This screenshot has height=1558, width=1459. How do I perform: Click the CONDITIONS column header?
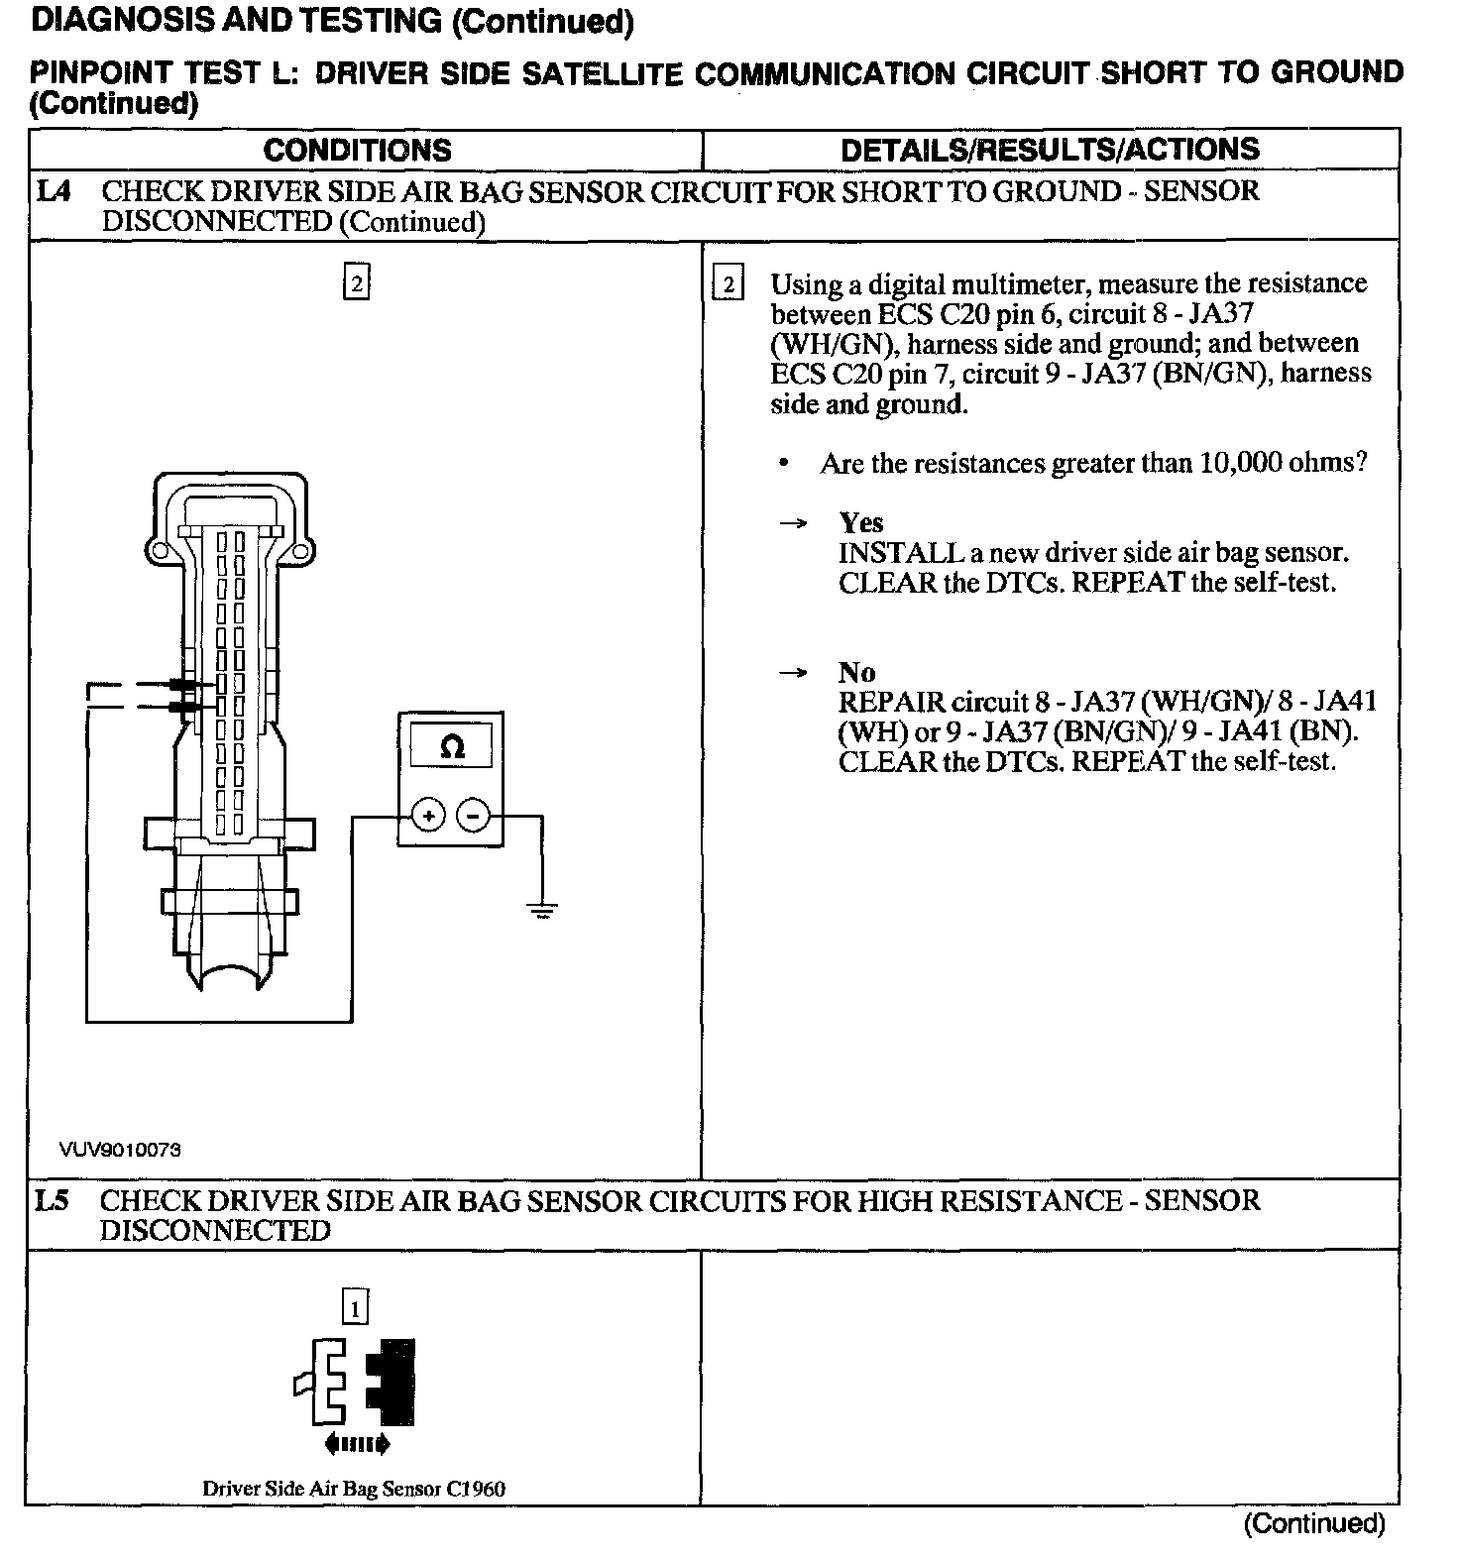tap(357, 150)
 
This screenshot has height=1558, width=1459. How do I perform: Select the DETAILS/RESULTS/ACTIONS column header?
tap(1050, 150)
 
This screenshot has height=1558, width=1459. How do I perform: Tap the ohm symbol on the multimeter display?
tap(451, 747)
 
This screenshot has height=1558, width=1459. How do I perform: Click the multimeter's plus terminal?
tap(428, 816)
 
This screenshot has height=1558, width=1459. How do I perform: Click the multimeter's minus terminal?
tap(473, 816)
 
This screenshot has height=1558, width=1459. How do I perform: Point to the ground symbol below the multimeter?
tap(542, 909)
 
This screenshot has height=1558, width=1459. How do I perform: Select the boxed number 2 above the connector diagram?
tap(357, 284)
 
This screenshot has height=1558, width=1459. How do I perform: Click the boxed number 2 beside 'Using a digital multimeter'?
tap(728, 285)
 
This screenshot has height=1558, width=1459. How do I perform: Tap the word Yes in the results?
tap(860, 522)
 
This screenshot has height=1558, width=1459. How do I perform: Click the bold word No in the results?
tap(856, 673)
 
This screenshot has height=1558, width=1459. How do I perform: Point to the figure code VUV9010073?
tap(120, 1150)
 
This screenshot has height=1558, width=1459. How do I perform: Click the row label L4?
tap(54, 191)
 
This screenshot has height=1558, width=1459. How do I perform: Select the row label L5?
tap(52, 1201)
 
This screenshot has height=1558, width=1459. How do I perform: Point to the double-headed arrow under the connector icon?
tap(357, 1444)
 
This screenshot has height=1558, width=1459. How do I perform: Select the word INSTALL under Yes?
tap(901, 552)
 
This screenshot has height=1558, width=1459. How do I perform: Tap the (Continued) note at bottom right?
tap(1313, 1523)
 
